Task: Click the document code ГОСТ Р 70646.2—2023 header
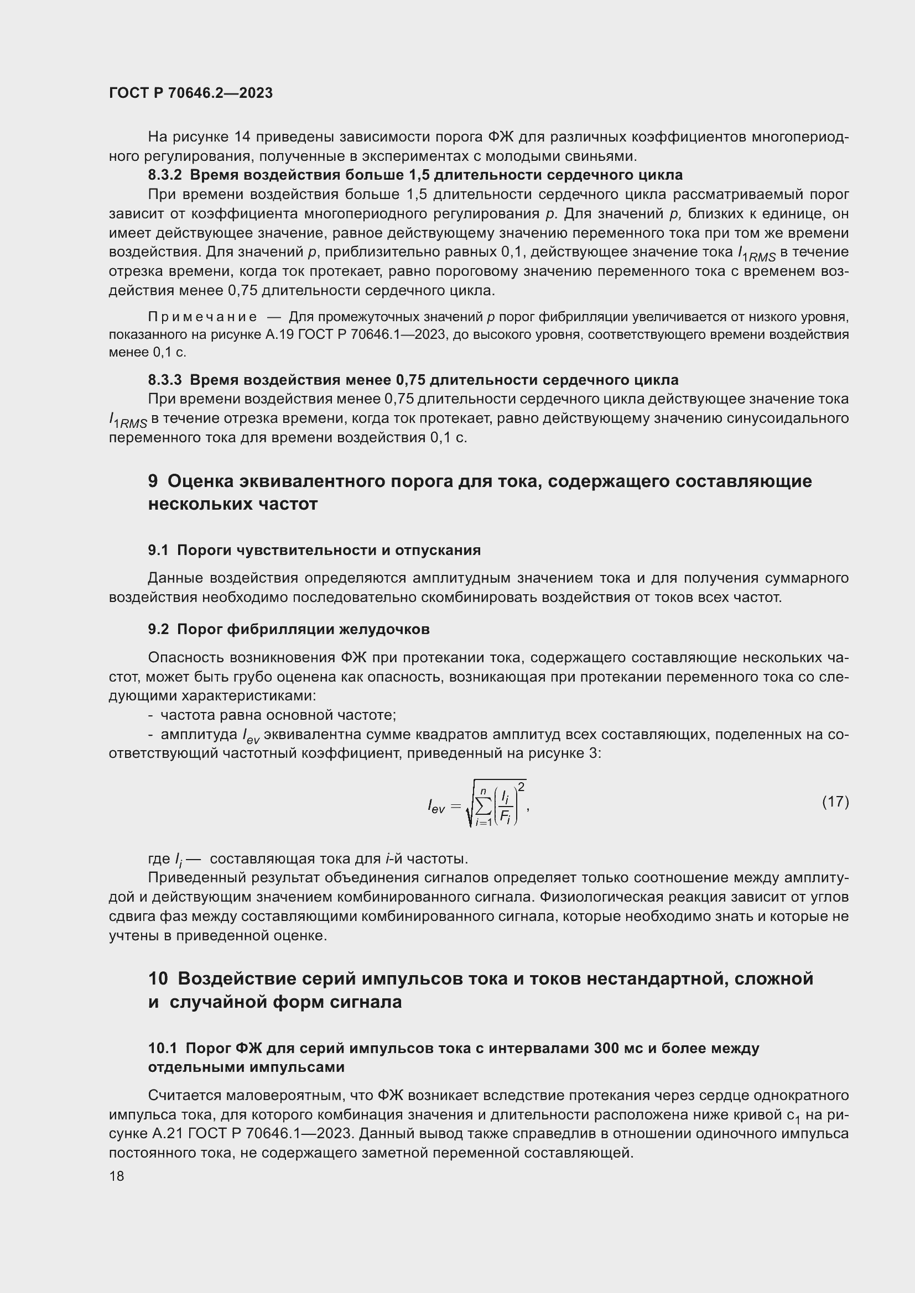190,93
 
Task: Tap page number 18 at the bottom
117,1176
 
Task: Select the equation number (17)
835,802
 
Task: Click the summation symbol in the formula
483,807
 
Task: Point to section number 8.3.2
164,175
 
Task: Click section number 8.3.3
164,380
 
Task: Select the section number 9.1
158,550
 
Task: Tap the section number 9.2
158,629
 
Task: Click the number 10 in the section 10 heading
158,979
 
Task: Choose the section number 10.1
162,1048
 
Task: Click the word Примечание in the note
202,317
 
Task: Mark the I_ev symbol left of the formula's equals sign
436,808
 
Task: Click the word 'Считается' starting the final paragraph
185,1095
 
